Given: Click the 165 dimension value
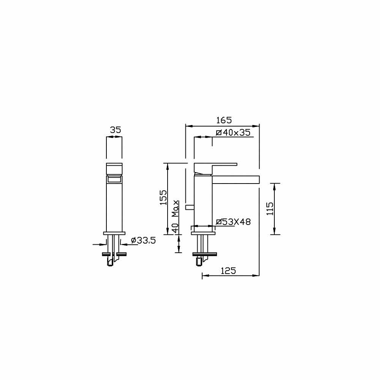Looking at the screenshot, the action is pyautogui.click(x=224, y=120).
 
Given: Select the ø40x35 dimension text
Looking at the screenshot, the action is pyautogui.click(x=233, y=133).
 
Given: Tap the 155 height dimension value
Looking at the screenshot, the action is pyautogui.click(x=163, y=198).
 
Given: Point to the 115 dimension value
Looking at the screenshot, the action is pyautogui.click(x=270, y=209).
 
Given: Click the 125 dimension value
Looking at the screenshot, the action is pyautogui.click(x=228, y=271).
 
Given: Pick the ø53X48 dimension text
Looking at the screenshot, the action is pyautogui.click(x=233, y=222).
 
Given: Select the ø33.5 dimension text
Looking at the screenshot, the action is pyautogui.click(x=143, y=241).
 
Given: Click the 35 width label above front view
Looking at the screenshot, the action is pyautogui.click(x=116, y=130).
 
